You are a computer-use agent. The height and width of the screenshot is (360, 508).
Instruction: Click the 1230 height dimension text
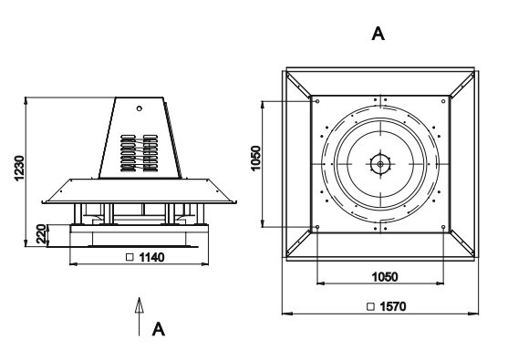pyautogui.click(x=19, y=168)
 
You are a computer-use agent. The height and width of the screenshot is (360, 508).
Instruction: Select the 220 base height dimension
pyautogui.click(x=41, y=234)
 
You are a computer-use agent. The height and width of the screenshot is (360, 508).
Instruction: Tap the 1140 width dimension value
pyautogui.click(x=151, y=257)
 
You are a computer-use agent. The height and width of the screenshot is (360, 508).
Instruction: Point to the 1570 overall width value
pyautogui.click(x=393, y=306)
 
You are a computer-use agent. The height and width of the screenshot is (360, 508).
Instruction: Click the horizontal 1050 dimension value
pyautogui.click(x=385, y=277)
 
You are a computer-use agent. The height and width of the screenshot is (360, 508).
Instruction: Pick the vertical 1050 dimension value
pyautogui.click(x=255, y=159)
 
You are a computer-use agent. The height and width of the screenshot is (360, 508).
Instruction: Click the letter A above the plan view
pyautogui.click(x=378, y=34)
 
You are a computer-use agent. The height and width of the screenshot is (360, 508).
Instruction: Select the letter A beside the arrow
pyautogui.click(x=159, y=329)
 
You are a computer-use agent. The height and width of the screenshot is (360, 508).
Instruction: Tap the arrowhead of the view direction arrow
pyautogui.click(x=139, y=305)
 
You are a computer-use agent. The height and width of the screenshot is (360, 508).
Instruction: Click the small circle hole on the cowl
pyautogui.click(x=140, y=108)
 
